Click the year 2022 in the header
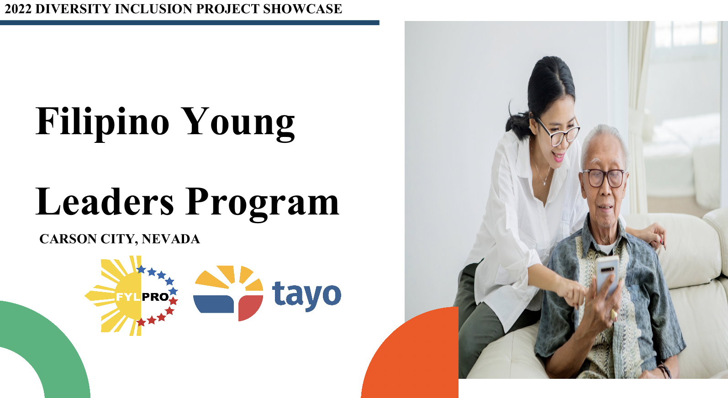pyautogui.click(x=18, y=9)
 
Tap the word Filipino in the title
pyautogui.click(x=102, y=122)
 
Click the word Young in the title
pyautogui.click(x=238, y=122)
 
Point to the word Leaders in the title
pyautogui.click(x=105, y=202)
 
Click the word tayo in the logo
pyautogui.click(x=306, y=295)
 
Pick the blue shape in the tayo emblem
pyautogui.click(x=213, y=304)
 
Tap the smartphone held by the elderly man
pyautogui.click(x=607, y=274)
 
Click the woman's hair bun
pyautogui.click(x=516, y=121)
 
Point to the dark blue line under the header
pyautogui.click(x=190, y=22)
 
